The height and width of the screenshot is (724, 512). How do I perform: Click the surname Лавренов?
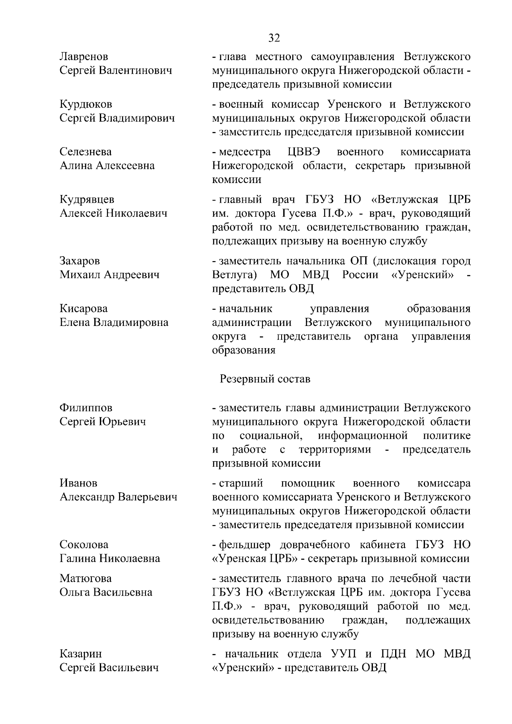coord(84,56)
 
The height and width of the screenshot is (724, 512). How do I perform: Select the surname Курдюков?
coord(86,104)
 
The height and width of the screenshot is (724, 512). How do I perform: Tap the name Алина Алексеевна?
coord(107,166)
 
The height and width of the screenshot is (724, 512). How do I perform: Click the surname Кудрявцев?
coord(87,200)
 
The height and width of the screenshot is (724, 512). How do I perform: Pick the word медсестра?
coord(245,152)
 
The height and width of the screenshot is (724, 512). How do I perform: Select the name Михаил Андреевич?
coord(110,275)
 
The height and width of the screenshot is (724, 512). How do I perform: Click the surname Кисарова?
coord(84,308)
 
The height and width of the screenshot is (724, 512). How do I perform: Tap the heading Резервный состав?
coord(265,379)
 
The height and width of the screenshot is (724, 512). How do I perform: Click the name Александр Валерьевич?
coord(118,497)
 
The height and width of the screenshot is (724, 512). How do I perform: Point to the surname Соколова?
coord(84,545)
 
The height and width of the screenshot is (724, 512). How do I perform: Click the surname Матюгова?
coord(85,579)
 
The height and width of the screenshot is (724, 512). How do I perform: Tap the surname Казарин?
coord(81,654)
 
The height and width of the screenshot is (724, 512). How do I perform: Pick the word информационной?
coord(363,436)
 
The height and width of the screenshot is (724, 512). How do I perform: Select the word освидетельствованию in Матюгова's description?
coord(268,620)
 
